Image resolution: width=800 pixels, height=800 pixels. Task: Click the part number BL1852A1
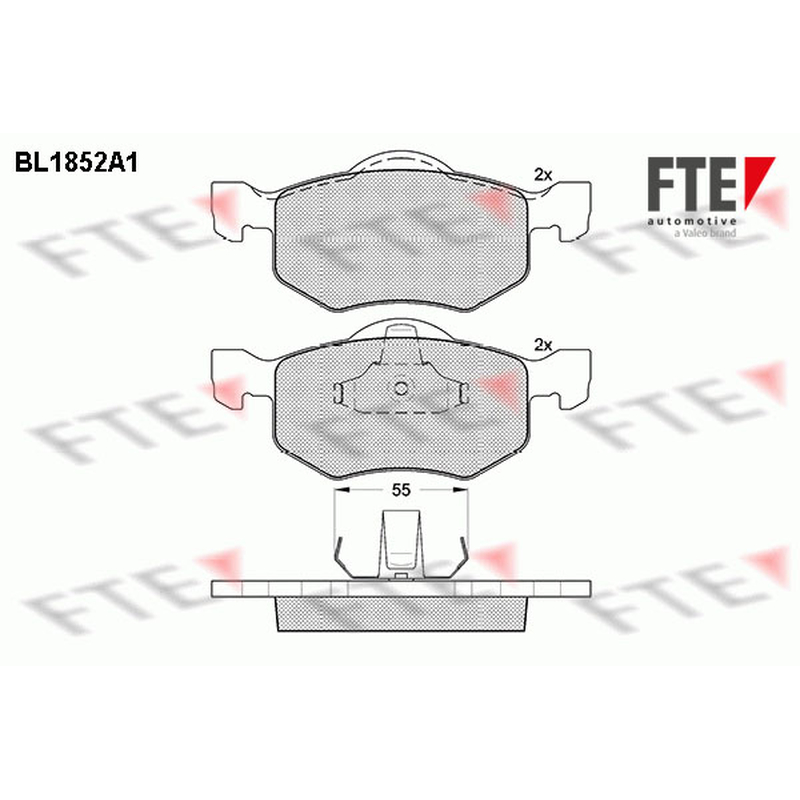(77, 163)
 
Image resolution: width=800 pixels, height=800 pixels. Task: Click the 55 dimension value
(401, 490)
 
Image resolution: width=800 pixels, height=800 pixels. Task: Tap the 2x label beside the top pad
(543, 175)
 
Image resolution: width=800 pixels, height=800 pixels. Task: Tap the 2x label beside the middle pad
(543, 345)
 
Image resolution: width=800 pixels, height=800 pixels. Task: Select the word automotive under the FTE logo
(692, 221)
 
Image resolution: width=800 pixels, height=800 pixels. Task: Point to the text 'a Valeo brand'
(705, 233)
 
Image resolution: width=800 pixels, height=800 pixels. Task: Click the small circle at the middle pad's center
(401, 389)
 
